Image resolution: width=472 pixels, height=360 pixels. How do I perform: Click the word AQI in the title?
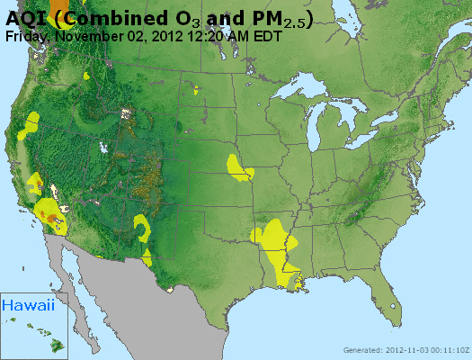[25, 18]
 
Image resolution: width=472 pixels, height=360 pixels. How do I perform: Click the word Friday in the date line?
[27, 36]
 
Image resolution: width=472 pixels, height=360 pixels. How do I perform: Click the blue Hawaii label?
[28, 306]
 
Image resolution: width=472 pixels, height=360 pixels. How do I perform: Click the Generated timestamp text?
[405, 350]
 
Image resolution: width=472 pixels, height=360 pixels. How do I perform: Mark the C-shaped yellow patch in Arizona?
[142, 225]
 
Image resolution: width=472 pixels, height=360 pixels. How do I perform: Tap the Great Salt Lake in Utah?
[107, 144]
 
